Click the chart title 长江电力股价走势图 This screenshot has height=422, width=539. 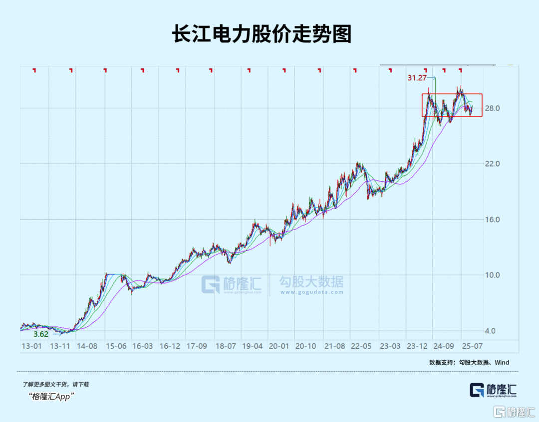[269, 34]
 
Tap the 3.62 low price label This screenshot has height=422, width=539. [40, 334]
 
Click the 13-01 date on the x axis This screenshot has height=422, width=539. [31, 346]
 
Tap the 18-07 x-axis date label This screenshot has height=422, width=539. [225, 346]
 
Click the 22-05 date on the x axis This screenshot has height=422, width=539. [361, 346]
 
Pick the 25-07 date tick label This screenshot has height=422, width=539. [472, 346]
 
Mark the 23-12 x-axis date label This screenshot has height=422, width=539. [416, 346]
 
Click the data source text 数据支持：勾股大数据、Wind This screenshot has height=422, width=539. [469, 362]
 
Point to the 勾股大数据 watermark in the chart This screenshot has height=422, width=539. [311, 283]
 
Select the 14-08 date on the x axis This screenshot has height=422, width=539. [87, 346]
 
